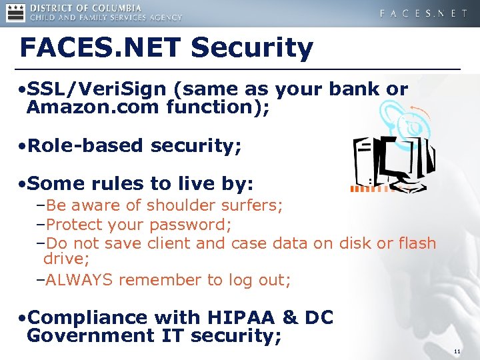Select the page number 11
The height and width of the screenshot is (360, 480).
457,351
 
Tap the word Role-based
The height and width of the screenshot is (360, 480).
83,145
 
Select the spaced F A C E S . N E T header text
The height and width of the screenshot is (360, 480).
423,13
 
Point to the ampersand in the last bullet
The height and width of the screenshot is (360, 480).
289,317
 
